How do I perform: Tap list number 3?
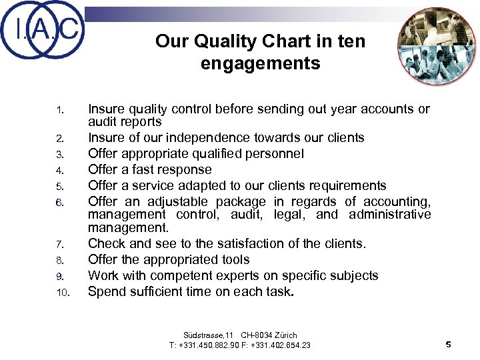(59, 154)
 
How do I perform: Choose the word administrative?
(387, 214)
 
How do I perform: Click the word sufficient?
(152, 291)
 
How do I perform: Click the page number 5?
(448, 344)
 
